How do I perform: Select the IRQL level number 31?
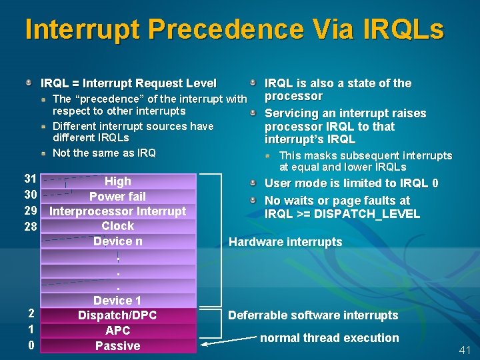tap(30, 179)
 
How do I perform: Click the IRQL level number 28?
tap(30, 227)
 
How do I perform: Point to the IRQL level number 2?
tap(31, 313)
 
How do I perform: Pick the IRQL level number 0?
tap(31, 345)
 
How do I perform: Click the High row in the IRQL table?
tap(118, 181)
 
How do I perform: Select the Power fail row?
tap(118, 196)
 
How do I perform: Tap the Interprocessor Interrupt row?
tap(118, 211)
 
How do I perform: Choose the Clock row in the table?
tap(118, 226)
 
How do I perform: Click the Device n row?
tap(118, 241)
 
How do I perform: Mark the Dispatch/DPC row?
tap(118, 315)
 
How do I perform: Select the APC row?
tap(118, 330)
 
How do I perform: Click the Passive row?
tap(118, 345)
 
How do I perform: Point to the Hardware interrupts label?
tap(285, 242)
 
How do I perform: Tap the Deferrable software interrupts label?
tap(313, 315)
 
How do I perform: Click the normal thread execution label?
tap(329, 338)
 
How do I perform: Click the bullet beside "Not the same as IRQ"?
tap(43, 153)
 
